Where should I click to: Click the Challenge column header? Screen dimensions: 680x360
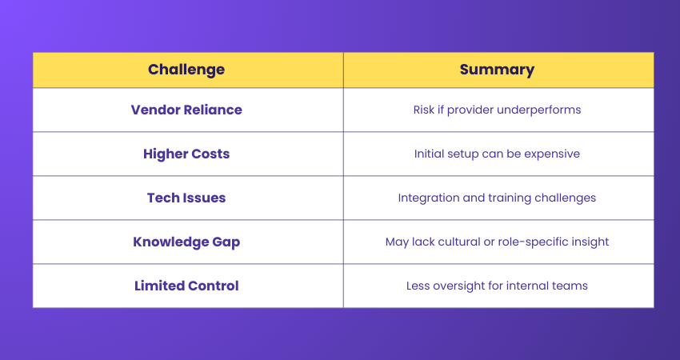pyautogui.click(x=186, y=70)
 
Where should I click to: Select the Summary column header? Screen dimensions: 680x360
pyautogui.click(x=497, y=70)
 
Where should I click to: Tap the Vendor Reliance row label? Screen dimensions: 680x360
pyautogui.click(x=186, y=110)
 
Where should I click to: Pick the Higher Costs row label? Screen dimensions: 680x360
pyautogui.click(x=186, y=154)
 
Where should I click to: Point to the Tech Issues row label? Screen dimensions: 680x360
pyautogui.click(x=186, y=198)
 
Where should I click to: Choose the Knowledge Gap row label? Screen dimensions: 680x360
pyautogui.click(x=186, y=242)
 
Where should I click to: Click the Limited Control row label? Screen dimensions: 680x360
pyautogui.click(x=186, y=286)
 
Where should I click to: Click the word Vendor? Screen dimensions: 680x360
pyautogui.click(x=156, y=110)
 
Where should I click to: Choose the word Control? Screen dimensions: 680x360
pyautogui.click(x=213, y=286)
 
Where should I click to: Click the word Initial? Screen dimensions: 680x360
pyautogui.click(x=428, y=154)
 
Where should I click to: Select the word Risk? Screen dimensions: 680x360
pyautogui.click(x=424, y=110)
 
